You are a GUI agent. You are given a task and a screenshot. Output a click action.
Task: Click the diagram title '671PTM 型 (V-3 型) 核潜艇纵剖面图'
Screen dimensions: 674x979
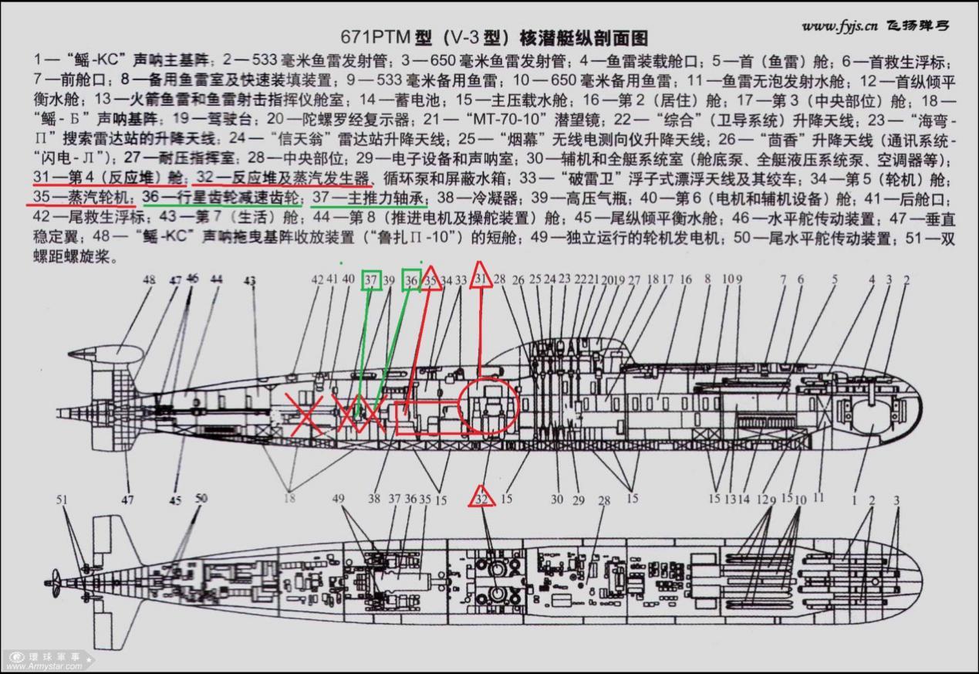[x=495, y=38]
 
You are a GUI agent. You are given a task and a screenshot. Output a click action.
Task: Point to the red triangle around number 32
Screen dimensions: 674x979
[x=483, y=497]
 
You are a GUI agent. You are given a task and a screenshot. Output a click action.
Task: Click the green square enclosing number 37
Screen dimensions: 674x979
[x=372, y=279]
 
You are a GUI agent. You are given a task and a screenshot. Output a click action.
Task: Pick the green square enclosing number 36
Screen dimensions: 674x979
[x=411, y=279]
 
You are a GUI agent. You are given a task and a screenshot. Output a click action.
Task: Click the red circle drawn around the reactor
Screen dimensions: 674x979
[x=488, y=406]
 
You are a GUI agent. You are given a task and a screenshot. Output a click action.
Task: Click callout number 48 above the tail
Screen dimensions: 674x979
[x=149, y=280]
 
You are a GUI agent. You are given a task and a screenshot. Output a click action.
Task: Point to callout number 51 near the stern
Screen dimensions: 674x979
[x=63, y=500]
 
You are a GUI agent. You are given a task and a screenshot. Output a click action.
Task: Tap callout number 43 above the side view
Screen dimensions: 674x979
[x=249, y=282]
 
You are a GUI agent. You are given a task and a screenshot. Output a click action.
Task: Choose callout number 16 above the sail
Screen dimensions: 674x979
[x=685, y=279]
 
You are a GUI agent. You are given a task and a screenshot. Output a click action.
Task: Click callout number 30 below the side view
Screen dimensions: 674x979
[x=557, y=500]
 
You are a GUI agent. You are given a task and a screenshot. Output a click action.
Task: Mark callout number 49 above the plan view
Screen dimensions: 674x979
[x=338, y=499]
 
